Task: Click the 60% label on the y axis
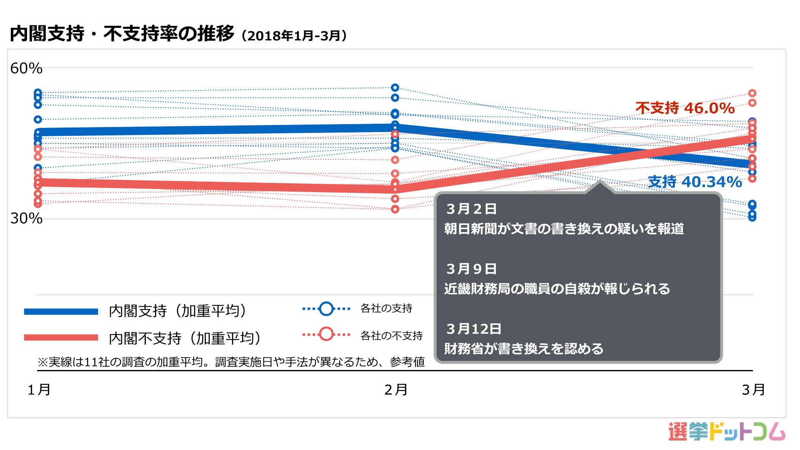[26, 68]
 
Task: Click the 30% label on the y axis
[26, 218]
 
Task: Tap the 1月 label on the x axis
[39, 390]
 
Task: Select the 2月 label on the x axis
[396, 390]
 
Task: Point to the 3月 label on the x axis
[753, 390]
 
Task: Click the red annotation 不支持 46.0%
[685, 108]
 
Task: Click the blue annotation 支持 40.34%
[695, 182]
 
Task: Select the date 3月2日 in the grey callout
[471, 209]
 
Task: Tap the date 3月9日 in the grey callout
[471, 269]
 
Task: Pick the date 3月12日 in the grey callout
[474, 329]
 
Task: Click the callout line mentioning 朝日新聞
[564, 229]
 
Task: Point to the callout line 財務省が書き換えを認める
[524, 349]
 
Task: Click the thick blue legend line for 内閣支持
[61, 312]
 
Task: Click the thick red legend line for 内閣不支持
[61, 337]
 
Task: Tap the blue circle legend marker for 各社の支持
[326, 309]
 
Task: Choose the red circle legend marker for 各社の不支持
[326, 334]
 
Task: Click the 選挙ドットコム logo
[727, 432]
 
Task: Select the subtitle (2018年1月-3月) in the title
[294, 36]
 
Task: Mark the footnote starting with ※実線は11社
[231, 362]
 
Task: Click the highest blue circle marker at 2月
[395, 87]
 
